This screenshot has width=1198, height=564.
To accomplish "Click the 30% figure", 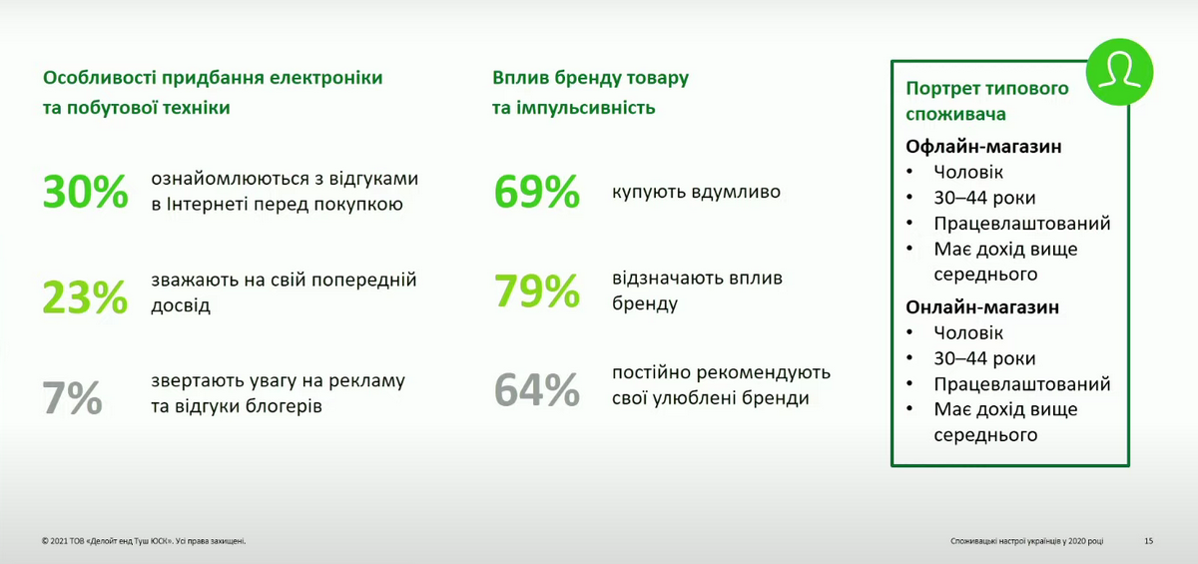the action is click(x=86, y=192).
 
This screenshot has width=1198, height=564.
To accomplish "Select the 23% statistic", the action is click(x=86, y=296).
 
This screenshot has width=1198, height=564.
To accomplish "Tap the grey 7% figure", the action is click(x=72, y=397).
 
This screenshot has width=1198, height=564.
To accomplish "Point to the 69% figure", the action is click(x=537, y=192).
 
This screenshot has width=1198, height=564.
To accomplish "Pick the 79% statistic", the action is click(x=537, y=291).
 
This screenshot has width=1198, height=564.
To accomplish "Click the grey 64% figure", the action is click(x=537, y=390).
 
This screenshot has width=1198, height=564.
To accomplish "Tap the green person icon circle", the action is click(x=1119, y=72).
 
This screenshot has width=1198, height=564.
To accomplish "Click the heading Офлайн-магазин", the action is click(x=983, y=147).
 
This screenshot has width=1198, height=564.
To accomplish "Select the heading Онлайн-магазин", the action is click(x=982, y=307).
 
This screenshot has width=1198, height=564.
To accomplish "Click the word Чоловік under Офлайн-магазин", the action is click(x=968, y=172).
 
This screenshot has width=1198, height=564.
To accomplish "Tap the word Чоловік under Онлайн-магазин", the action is click(x=968, y=333).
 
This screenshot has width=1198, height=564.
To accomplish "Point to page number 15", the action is click(x=1149, y=541).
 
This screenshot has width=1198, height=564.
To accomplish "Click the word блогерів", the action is click(x=284, y=406).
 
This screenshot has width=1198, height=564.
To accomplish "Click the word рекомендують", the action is click(x=764, y=372).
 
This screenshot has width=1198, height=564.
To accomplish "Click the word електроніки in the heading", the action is click(x=325, y=78).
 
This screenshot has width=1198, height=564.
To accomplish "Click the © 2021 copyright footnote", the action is click(x=144, y=541).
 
